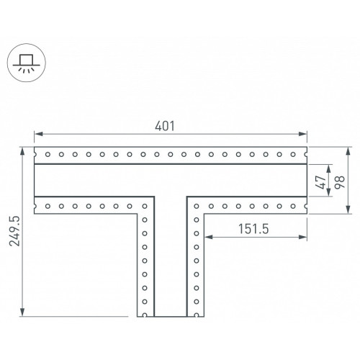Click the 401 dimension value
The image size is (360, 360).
(165, 126)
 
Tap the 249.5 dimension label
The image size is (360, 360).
(14, 231)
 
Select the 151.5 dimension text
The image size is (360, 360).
(253, 229)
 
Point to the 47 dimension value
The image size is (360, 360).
(321, 182)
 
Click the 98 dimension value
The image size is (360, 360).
(340, 182)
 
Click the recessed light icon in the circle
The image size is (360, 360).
(27, 63)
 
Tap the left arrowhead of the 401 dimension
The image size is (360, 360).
(38, 134)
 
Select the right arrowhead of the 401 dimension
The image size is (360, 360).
(302, 134)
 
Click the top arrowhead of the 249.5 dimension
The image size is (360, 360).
(22, 151)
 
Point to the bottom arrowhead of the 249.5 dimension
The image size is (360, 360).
(22, 312)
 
